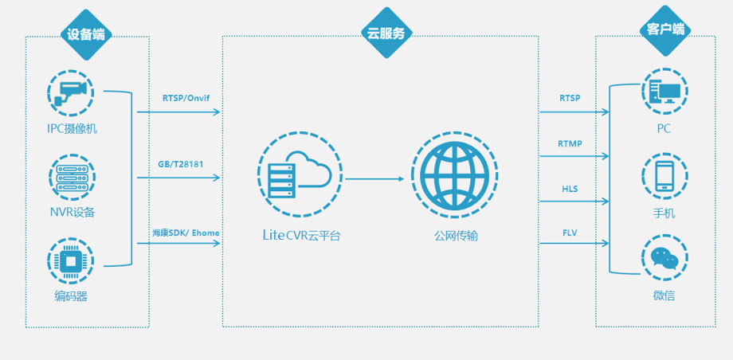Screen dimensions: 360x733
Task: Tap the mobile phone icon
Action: click(664, 177)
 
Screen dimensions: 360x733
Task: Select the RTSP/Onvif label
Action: click(186, 98)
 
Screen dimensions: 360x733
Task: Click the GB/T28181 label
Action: click(180, 165)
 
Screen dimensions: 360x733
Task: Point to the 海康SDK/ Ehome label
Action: click(186, 233)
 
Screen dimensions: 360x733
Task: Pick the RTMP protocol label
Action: click(570, 143)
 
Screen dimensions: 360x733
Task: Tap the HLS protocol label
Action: click(570, 189)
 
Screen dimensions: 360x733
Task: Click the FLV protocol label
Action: click(570, 233)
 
